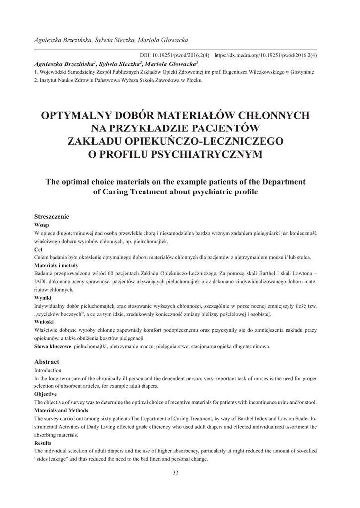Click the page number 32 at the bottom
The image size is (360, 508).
click(175, 472)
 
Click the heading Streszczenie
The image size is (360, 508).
click(51, 217)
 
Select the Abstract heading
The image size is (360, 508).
click(46, 362)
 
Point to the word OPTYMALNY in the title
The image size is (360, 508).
click(75, 116)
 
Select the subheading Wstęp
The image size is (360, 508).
click(41, 225)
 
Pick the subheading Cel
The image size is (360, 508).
click(38, 249)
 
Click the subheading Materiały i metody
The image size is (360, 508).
click(55, 265)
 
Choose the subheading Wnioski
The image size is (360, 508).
click(44, 321)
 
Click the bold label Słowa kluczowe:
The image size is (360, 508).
click(53, 346)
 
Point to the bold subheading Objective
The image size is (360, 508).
click(45, 394)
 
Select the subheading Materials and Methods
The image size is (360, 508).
click(61, 410)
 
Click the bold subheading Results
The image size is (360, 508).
click(43, 443)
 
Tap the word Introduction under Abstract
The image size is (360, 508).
click(48, 370)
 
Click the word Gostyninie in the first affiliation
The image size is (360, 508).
click(299, 72)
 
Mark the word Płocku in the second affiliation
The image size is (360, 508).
click(194, 80)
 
